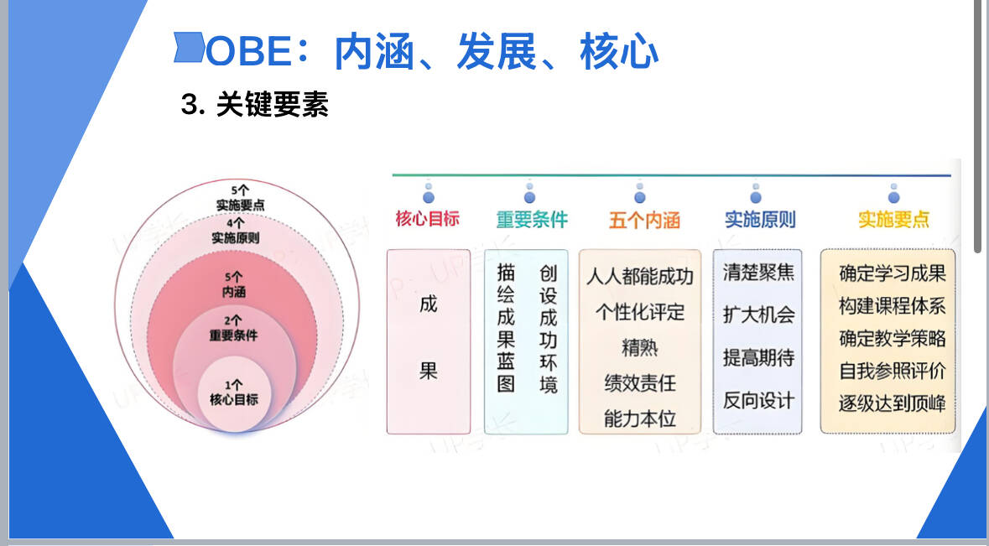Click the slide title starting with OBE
pyautogui.click(x=432, y=51)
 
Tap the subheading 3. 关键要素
pyautogui.click(x=254, y=104)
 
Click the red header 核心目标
pyautogui.click(x=427, y=219)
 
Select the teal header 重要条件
pyautogui.click(x=532, y=220)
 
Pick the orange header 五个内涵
pyautogui.click(x=644, y=220)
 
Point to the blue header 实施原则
pyautogui.click(x=760, y=220)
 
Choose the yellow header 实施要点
pyautogui.click(x=893, y=220)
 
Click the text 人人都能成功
pyautogui.click(x=639, y=276)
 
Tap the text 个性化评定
pyautogui.click(x=639, y=311)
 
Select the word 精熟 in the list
pyautogui.click(x=639, y=347)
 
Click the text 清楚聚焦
pyautogui.click(x=758, y=272)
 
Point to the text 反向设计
pyautogui.click(x=758, y=400)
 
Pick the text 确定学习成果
pyautogui.click(x=893, y=273)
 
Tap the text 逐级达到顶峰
pyautogui.click(x=893, y=403)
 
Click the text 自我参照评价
pyautogui.click(x=893, y=371)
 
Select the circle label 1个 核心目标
pyautogui.click(x=234, y=393)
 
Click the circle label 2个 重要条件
pyautogui.click(x=233, y=328)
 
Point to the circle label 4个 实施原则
pyautogui.click(x=235, y=230)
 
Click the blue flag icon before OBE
pyautogui.click(x=189, y=47)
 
